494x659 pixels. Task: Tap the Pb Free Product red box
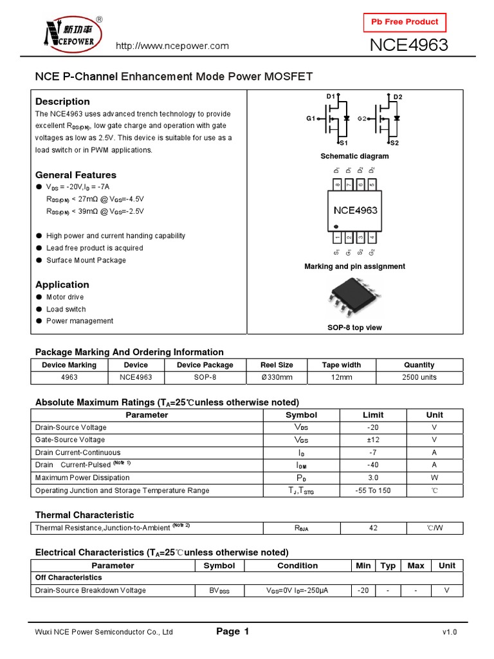coord(405,22)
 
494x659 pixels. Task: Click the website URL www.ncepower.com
coord(172,46)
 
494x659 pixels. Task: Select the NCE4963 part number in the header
coord(408,46)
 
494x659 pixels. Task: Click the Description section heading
coord(62,101)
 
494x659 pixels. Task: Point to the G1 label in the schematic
coord(311,119)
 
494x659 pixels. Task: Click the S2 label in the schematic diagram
coord(394,143)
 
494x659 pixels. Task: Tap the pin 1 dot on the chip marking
coord(336,226)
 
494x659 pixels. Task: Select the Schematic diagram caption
coord(354,156)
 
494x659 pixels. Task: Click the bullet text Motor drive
coord(65,297)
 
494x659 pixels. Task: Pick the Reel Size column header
coord(277,365)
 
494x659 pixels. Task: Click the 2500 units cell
coord(419,377)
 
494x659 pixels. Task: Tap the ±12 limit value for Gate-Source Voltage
coord(373,440)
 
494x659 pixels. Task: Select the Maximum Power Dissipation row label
coord(82,478)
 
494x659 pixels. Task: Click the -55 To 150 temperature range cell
coord(373,490)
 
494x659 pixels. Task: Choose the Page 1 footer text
coord(232,632)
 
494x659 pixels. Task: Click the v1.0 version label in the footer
coord(449,633)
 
